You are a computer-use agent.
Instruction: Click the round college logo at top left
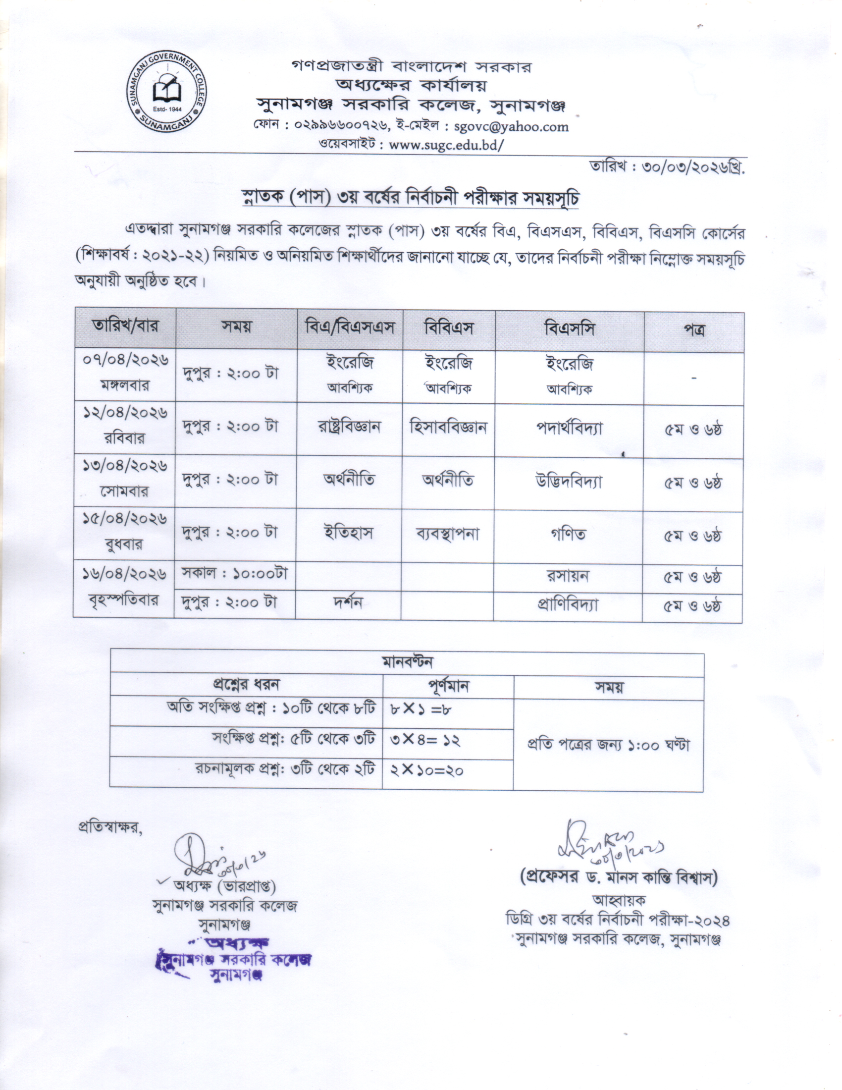[x=166, y=93]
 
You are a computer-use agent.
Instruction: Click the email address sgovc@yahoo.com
[x=511, y=126]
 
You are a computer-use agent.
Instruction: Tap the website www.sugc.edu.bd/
[x=446, y=145]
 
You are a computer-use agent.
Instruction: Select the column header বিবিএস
[x=448, y=328]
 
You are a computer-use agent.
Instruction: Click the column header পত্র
[x=693, y=330]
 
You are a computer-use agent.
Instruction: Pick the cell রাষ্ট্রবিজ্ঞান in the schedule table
[x=349, y=427]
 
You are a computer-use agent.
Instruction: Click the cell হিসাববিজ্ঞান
[x=448, y=427]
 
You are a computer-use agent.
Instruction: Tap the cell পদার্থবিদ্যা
[x=569, y=428]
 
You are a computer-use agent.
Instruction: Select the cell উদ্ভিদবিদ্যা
[x=569, y=482]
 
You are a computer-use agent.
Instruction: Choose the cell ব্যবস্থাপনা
[x=447, y=535]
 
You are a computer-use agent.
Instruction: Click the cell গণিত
[x=568, y=535]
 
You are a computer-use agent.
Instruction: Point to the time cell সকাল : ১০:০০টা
[x=234, y=574]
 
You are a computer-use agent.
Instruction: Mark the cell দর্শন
[x=348, y=603]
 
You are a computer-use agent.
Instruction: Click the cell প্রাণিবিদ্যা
[x=568, y=605]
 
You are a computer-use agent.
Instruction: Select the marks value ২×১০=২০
[x=426, y=771]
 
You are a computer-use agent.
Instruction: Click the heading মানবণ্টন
[x=407, y=662]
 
